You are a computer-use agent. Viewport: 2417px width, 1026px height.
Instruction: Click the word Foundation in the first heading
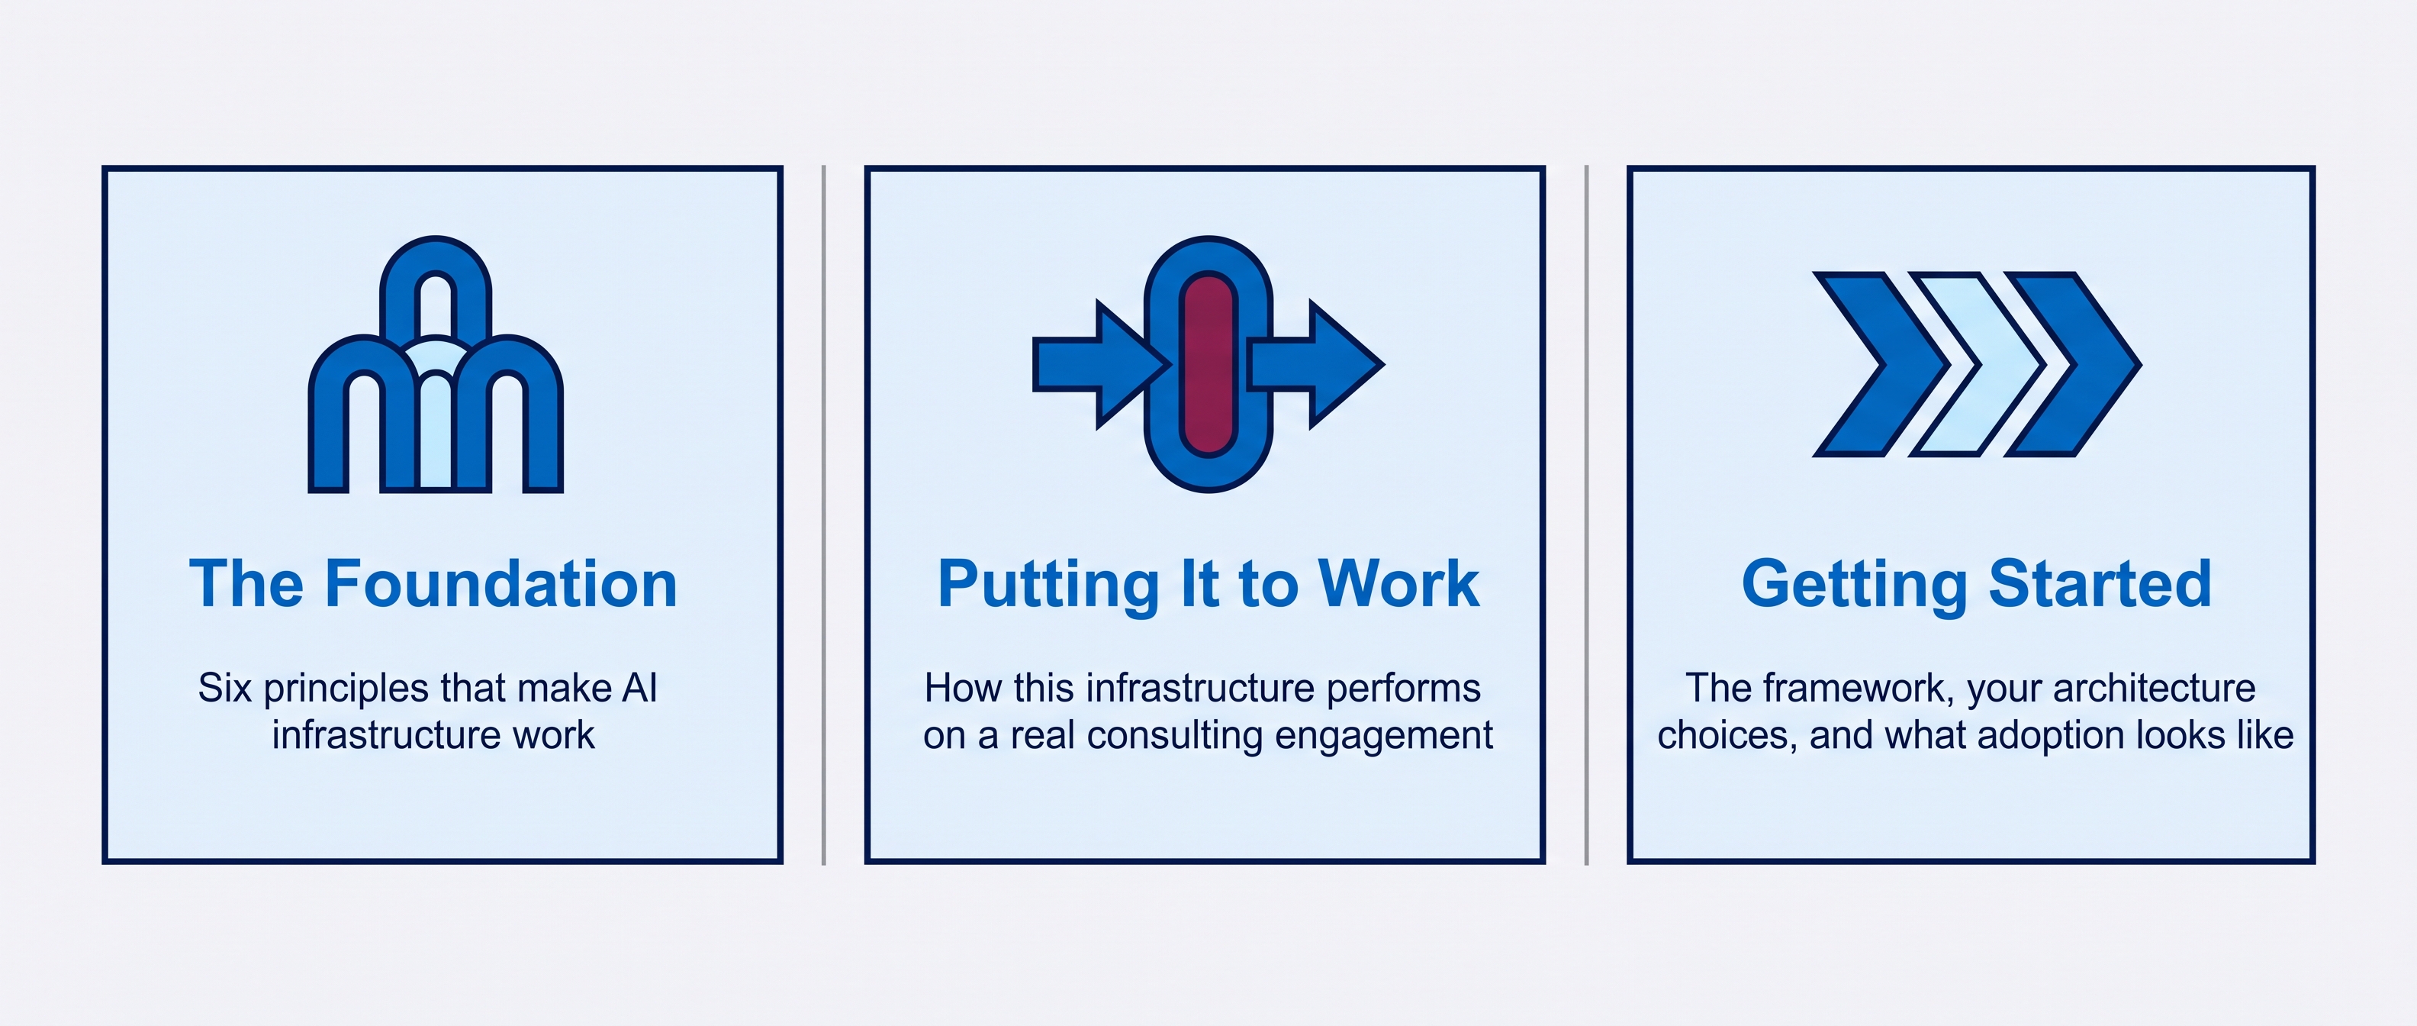click(501, 584)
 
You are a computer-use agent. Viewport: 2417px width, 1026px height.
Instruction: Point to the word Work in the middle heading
click(1399, 584)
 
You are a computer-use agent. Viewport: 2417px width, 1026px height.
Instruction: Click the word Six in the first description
click(225, 688)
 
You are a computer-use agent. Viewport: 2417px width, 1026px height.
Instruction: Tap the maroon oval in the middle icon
click(1208, 364)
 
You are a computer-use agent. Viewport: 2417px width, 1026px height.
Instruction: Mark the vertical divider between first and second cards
click(824, 515)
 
